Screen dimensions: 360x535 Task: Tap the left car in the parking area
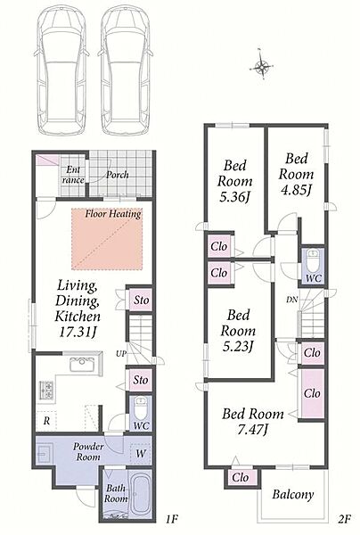coord(61,71)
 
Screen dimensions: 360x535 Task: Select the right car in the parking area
coord(126,71)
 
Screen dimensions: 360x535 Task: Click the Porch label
coord(118,175)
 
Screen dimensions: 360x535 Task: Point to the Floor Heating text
coord(113,214)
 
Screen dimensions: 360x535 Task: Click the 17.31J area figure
coord(77,332)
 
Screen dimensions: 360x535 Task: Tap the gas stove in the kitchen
coord(46,390)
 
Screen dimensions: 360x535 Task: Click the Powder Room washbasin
coord(45,453)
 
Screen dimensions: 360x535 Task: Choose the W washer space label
coord(141,454)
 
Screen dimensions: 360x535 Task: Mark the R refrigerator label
coord(46,421)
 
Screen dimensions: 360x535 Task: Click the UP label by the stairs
coord(121,353)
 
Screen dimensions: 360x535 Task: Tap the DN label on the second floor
coord(291,300)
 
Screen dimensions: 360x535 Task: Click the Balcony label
coord(293,494)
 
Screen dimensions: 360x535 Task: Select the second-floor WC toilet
coord(313,260)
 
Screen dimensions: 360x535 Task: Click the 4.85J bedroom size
coord(296,191)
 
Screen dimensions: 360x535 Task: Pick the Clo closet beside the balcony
coord(241,477)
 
